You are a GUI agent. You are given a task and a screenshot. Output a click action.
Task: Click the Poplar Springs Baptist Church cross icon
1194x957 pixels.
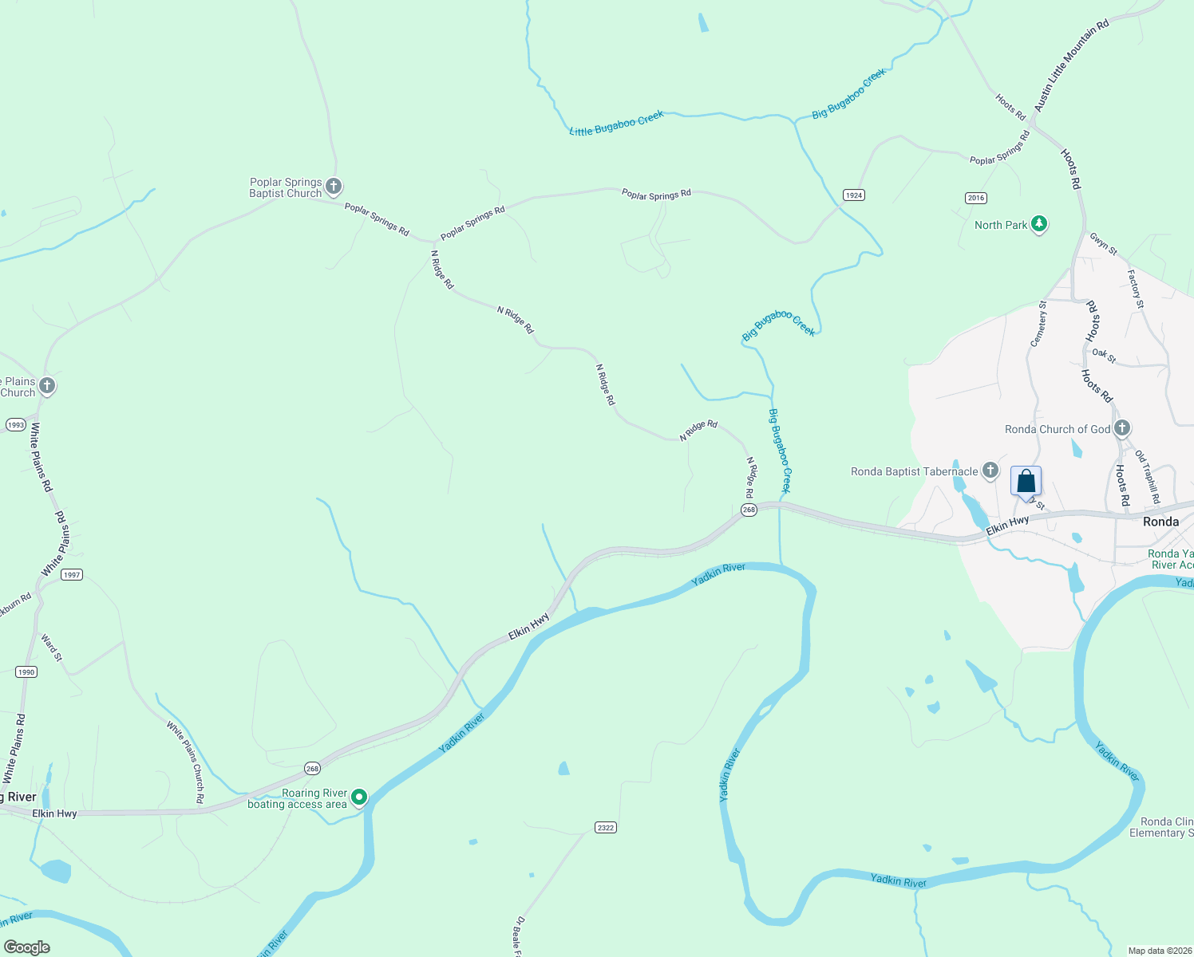(334, 187)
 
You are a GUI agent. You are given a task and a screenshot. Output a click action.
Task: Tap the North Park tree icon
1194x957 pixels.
(1038, 224)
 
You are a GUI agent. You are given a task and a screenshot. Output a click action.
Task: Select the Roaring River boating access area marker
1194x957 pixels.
(359, 797)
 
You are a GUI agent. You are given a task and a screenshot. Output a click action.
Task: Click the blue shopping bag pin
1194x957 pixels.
(1026, 482)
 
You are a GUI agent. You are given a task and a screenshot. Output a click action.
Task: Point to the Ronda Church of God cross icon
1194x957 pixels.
(1121, 428)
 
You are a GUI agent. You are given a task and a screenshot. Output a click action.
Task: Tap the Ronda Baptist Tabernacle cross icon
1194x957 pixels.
(990, 471)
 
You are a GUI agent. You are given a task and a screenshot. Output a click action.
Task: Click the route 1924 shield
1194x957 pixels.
(853, 195)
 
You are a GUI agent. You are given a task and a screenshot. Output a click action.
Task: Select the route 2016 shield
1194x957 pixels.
(975, 198)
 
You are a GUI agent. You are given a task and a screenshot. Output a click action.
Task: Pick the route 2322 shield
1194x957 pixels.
(605, 828)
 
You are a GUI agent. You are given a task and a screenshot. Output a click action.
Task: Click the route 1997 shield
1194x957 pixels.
(72, 575)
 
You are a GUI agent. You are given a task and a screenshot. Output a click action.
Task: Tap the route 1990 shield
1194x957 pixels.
(26, 672)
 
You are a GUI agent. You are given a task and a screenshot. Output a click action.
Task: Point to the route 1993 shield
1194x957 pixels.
(15, 425)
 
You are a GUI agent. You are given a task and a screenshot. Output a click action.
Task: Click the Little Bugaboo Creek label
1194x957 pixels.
(616, 124)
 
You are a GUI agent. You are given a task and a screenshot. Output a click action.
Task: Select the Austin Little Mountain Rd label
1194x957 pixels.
(1071, 65)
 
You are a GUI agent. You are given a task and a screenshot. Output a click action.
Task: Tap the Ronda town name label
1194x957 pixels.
(1160, 522)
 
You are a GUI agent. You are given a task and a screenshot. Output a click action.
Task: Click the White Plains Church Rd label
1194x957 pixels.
(185, 762)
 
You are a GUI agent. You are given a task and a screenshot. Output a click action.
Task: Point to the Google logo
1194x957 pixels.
(26, 947)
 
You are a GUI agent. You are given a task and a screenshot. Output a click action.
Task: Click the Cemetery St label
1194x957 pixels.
(1038, 323)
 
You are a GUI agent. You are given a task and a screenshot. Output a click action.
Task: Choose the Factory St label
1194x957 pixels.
(1136, 289)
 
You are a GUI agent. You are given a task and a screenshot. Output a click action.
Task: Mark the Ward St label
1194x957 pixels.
(50, 648)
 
